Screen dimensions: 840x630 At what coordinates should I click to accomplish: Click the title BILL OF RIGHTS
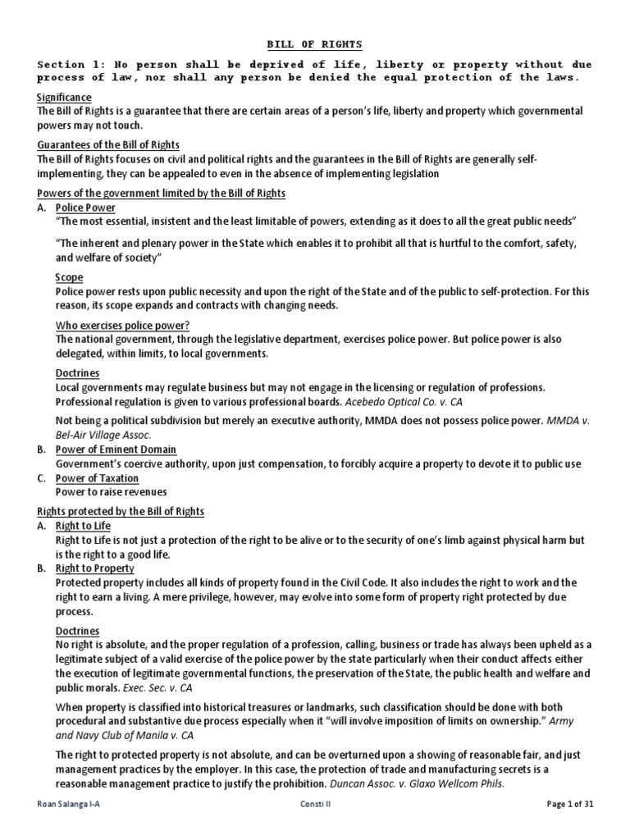pyautogui.click(x=316, y=43)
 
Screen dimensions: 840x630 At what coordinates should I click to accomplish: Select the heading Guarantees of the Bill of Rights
pyautogui.click(x=109, y=145)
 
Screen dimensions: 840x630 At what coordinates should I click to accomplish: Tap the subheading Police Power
pyautogui.click(x=85, y=208)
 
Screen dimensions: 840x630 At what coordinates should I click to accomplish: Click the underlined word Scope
pyautogui.click(x=69, y=277)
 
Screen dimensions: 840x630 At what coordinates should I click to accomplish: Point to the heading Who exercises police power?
pyautogui.click(x=122, y=326)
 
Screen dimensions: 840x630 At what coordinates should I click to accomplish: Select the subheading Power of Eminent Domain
pyautogui.click(x=116, y=450)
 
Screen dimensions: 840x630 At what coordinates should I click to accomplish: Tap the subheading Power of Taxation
pyautogui.click(x=97, y=477)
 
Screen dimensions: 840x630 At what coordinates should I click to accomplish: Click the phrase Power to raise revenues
pyautogui.click(x=111, y=491)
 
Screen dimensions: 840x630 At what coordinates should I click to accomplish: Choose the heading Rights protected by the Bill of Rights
pyautogui.click(x=121, y=511)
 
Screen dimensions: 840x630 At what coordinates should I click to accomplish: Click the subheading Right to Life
pyautogui.click(x=83, y=525)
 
